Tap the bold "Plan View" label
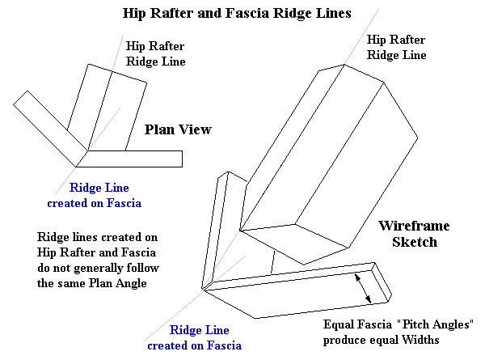pyautogui.click(x=178, y=129)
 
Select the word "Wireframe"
pyautogui.click(x=414, y=227)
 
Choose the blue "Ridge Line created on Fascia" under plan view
pyautogui.click(x=94, y=196)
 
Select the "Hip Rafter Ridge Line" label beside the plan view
pyautogui.click(x=156, y=53)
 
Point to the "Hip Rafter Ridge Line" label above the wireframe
pyautogui.click(x=396, y=47)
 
